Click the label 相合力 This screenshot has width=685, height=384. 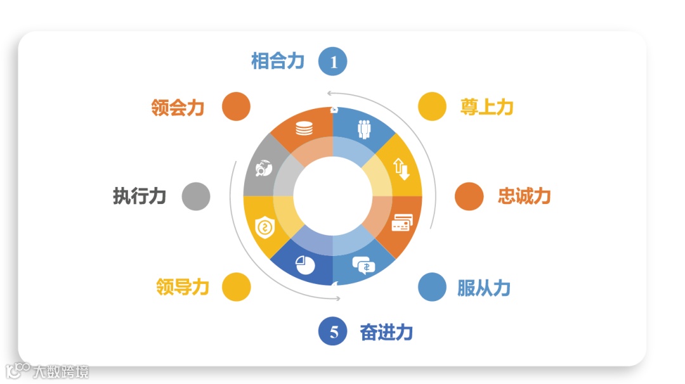278,61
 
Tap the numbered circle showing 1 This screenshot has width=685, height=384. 333,61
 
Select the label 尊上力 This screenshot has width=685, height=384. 486,106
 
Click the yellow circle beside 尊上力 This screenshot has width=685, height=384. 433,106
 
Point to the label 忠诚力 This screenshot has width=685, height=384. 524,196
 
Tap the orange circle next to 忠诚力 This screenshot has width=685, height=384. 469,196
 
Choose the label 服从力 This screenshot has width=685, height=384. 483,288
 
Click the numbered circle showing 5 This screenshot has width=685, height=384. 333,331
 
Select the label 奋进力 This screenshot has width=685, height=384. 386,331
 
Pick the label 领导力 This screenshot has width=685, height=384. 182,287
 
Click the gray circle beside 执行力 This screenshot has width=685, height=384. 196,196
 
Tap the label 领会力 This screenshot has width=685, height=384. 178,107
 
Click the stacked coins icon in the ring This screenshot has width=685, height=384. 304,128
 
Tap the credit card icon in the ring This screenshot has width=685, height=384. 402,223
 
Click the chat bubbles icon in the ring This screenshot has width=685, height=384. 364,264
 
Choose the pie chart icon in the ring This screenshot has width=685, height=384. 304,264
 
